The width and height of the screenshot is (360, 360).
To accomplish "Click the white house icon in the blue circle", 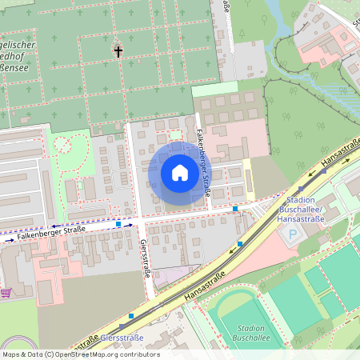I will pos(180,172).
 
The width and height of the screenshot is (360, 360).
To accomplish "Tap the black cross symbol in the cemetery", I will pos(118,52).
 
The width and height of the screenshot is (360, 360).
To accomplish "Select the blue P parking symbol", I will pos(291,236).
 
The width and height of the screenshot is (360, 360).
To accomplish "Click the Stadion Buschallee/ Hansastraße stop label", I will pos(298,210).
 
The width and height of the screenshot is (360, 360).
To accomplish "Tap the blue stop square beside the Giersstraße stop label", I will pos(131,316).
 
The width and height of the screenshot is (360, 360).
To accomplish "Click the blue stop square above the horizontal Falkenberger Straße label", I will pos(118,225).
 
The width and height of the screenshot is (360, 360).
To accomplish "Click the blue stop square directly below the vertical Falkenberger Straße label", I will pos(235,209).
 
